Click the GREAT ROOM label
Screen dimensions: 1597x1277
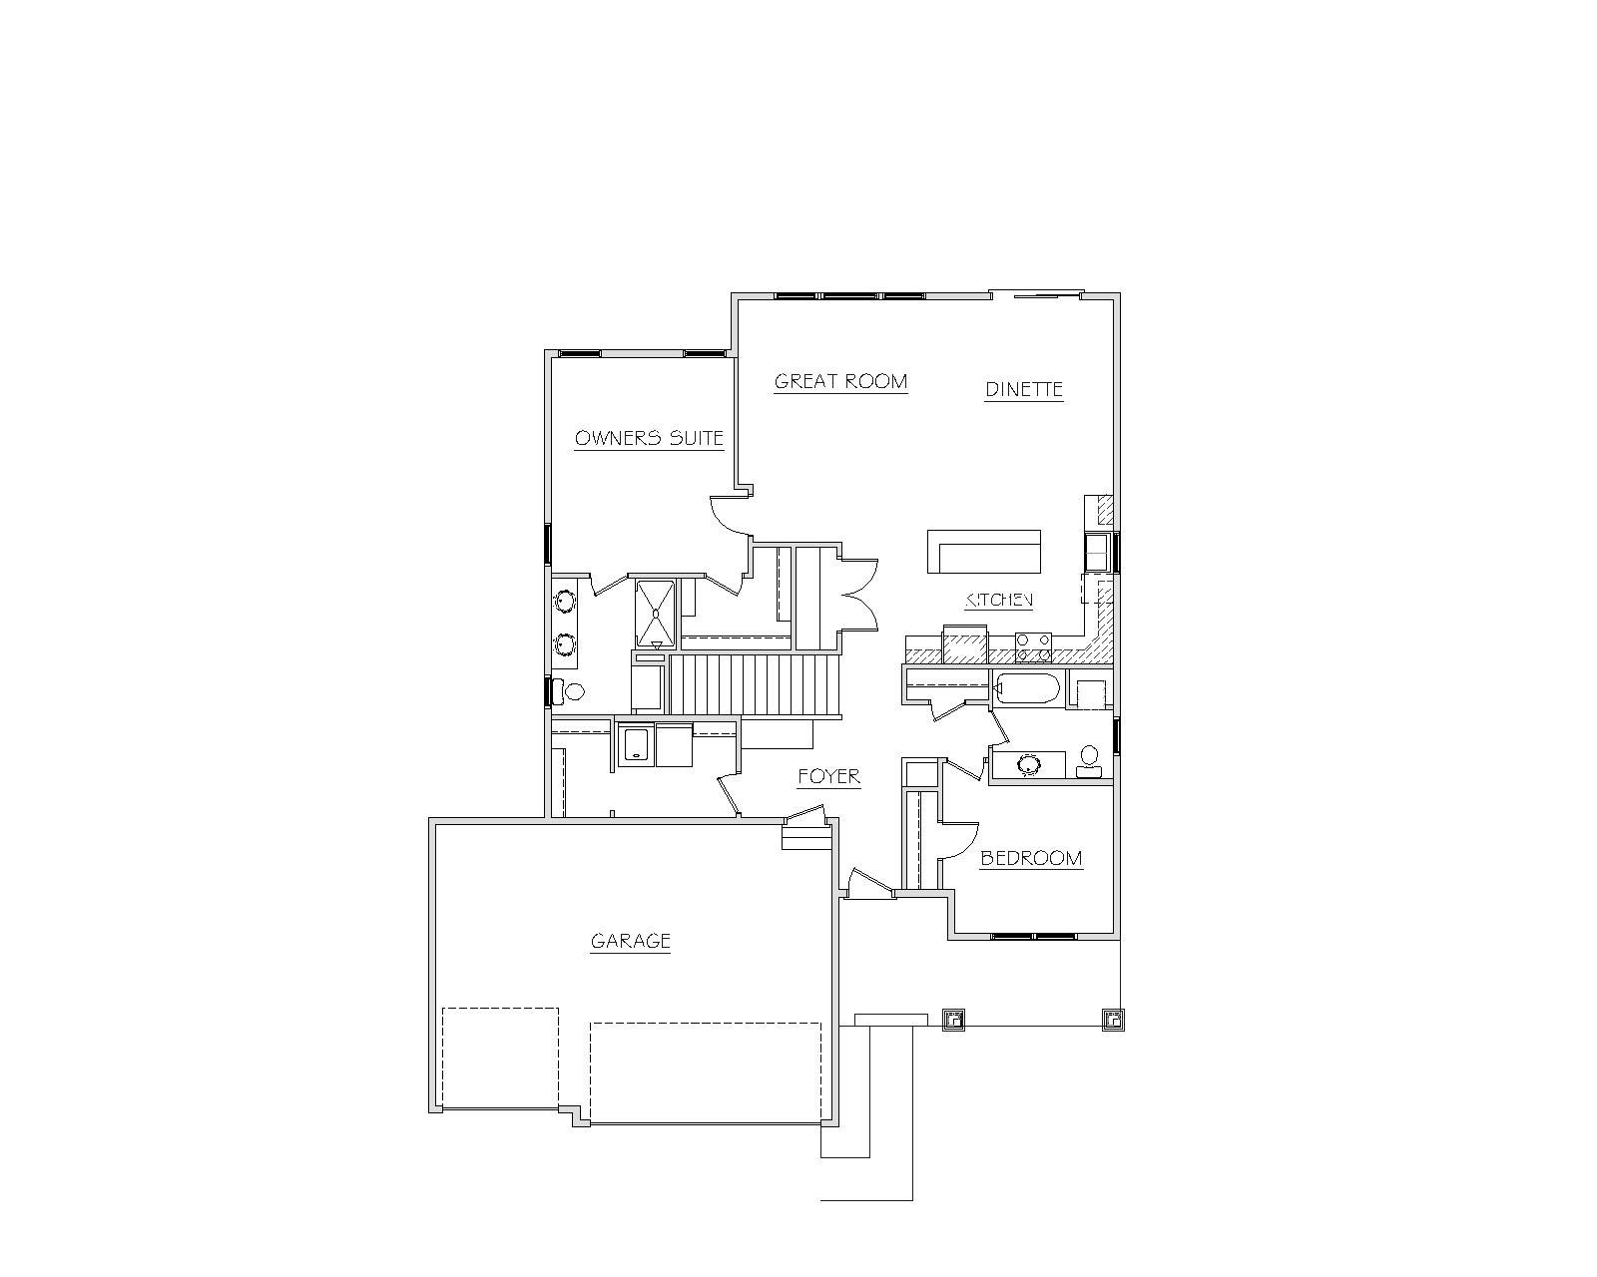[840, 381]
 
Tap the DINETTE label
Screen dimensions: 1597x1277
[1024, 389]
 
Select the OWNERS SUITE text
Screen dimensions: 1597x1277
[650, 438]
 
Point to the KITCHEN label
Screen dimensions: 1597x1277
[999, 600]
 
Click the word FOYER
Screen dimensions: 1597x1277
[828, 776]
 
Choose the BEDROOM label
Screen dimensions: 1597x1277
[1031, 859]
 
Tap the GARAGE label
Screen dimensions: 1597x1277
[631, 941]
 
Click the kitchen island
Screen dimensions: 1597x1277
[984, 551]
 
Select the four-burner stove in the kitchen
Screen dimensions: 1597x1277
[1034, 646]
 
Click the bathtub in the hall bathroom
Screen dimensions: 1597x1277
[1028, 687]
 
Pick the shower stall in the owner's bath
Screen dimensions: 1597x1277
[656, 615]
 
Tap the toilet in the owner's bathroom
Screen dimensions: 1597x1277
[570, 692]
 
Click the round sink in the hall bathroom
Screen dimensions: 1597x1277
[1029, 764]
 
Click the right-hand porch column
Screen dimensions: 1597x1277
[1112, 1021]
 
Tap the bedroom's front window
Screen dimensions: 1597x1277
[1034, 937]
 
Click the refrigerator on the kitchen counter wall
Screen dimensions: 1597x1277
[965, 644]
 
